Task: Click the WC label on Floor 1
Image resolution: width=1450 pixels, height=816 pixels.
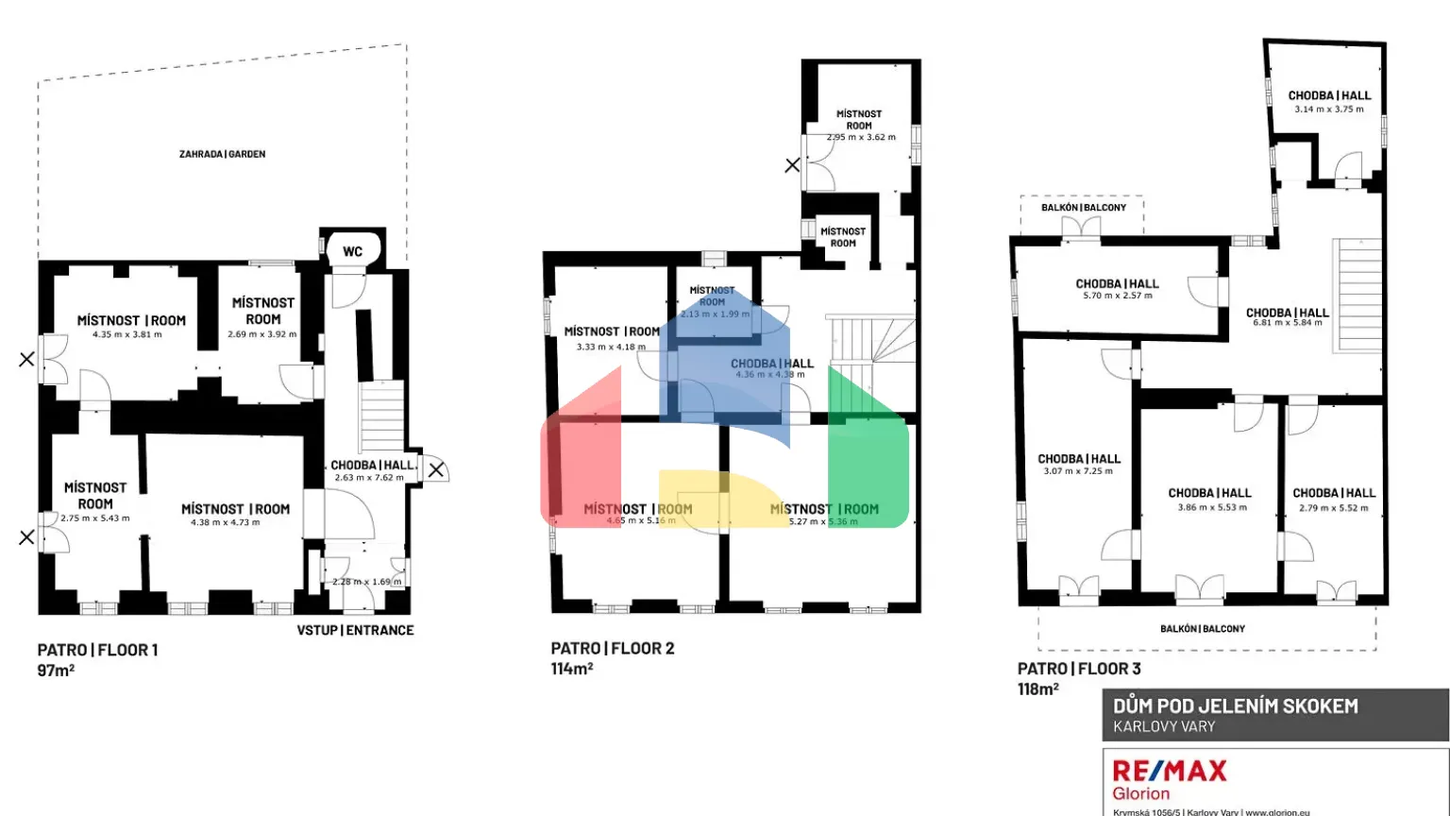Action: (x=352, y=251)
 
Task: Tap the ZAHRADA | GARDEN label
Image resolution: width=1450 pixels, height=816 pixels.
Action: (x=222, y=154)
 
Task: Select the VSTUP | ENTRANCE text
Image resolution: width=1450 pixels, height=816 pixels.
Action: (x=355, y=630)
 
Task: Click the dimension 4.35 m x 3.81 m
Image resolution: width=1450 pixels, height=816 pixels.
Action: (x=126, y=334)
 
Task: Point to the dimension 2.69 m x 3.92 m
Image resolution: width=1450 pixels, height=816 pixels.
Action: (x=261, y=334)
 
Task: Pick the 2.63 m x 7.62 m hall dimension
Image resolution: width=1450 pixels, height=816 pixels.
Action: (x=369, y=478)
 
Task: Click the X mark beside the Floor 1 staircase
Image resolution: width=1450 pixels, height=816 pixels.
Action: (x=435, y=469)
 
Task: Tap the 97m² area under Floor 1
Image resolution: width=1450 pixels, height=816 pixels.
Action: (x=56, y=671)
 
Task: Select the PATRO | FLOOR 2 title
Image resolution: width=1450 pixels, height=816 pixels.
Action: (x=612, y=649)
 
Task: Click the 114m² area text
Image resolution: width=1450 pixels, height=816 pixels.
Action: (x=571, y=669)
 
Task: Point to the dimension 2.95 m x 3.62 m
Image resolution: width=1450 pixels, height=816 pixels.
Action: (x=861, y=137)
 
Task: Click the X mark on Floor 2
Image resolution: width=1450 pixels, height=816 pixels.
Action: (x=792, y=165)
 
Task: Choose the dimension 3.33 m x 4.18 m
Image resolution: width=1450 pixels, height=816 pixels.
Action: (x=611, y=347)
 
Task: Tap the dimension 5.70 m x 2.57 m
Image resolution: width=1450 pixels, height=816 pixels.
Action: (x=1117, y=296)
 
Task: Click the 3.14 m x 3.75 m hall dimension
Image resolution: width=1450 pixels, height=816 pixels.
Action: (x=1329, y=110)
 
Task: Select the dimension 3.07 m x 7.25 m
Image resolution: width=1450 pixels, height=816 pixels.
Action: (x=1078, y=471)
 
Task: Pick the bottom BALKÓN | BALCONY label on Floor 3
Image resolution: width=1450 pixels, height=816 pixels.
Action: (x=1202, y=629)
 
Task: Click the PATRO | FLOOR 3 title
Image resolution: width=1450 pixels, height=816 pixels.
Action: (x=1079, y=669)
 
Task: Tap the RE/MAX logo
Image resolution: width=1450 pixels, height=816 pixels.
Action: (x=1170, y=772)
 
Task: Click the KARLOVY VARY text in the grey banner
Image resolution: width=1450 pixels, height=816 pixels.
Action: (x=1164, y=727)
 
